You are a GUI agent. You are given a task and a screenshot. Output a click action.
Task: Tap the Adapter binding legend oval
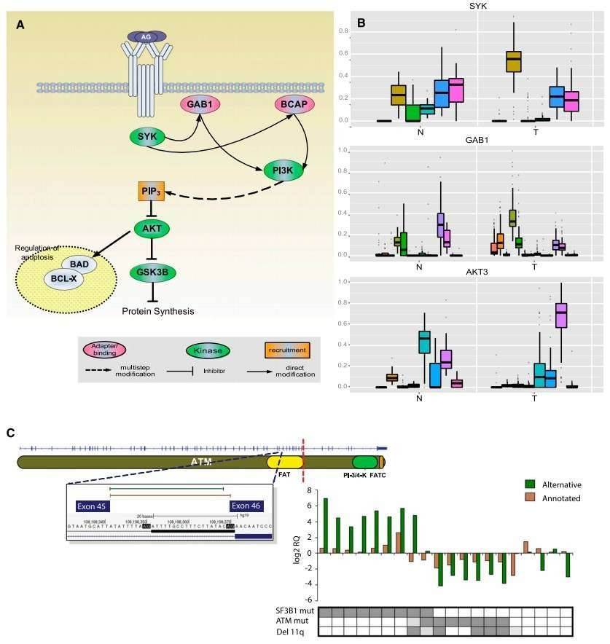pyautogui.click(x=105, y=350)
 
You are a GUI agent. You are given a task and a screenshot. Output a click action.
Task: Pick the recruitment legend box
pyautogui.click(x=286, y=350)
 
